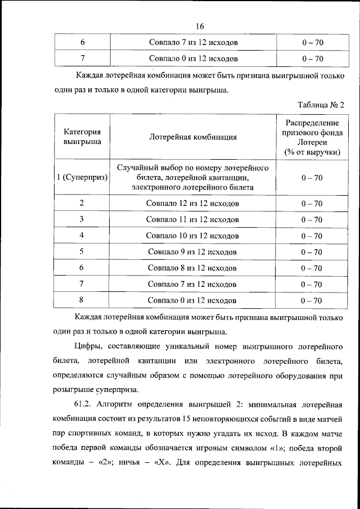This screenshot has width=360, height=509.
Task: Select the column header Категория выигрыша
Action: click(82, 137)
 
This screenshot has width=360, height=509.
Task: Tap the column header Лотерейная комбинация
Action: click(193, 137)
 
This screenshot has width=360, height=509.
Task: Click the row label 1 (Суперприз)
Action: click(82, 178)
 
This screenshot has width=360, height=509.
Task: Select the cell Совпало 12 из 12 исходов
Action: click(193, 203)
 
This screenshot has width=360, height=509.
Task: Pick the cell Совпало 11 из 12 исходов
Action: click(193, 219)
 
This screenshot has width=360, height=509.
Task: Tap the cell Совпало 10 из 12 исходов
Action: click(193, 236)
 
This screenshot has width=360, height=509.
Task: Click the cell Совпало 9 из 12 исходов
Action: click(193, 252)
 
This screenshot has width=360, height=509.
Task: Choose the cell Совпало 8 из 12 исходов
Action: click(193, 268)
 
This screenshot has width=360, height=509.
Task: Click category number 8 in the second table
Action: click(82, 300)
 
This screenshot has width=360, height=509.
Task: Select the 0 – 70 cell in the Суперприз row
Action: click(311, 178)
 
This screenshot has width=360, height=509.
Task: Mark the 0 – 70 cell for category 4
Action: click(311, 236)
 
